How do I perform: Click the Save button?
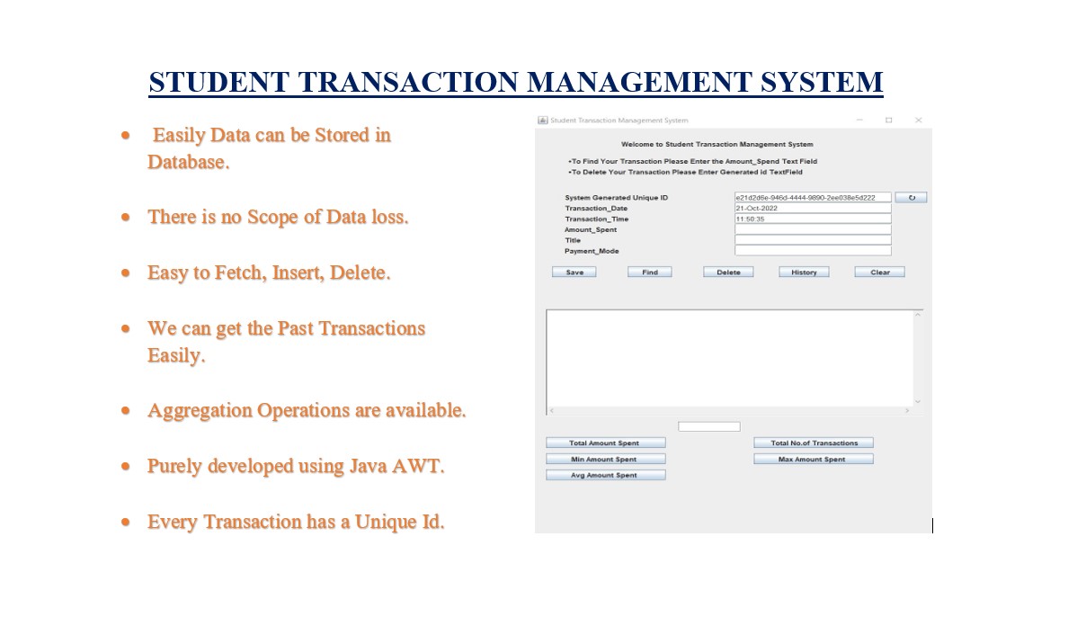574,272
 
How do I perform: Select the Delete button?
728,272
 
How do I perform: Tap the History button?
804,272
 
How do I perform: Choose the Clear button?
879,272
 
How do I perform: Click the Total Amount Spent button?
605,443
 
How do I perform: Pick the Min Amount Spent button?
605,459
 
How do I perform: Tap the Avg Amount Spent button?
605,475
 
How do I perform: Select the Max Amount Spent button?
813,459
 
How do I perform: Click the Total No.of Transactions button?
813,443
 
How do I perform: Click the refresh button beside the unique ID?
911,197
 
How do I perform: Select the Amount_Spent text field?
812,229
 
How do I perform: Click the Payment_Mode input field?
812,251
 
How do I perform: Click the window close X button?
918,120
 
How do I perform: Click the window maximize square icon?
888,120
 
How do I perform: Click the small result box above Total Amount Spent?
708,426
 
